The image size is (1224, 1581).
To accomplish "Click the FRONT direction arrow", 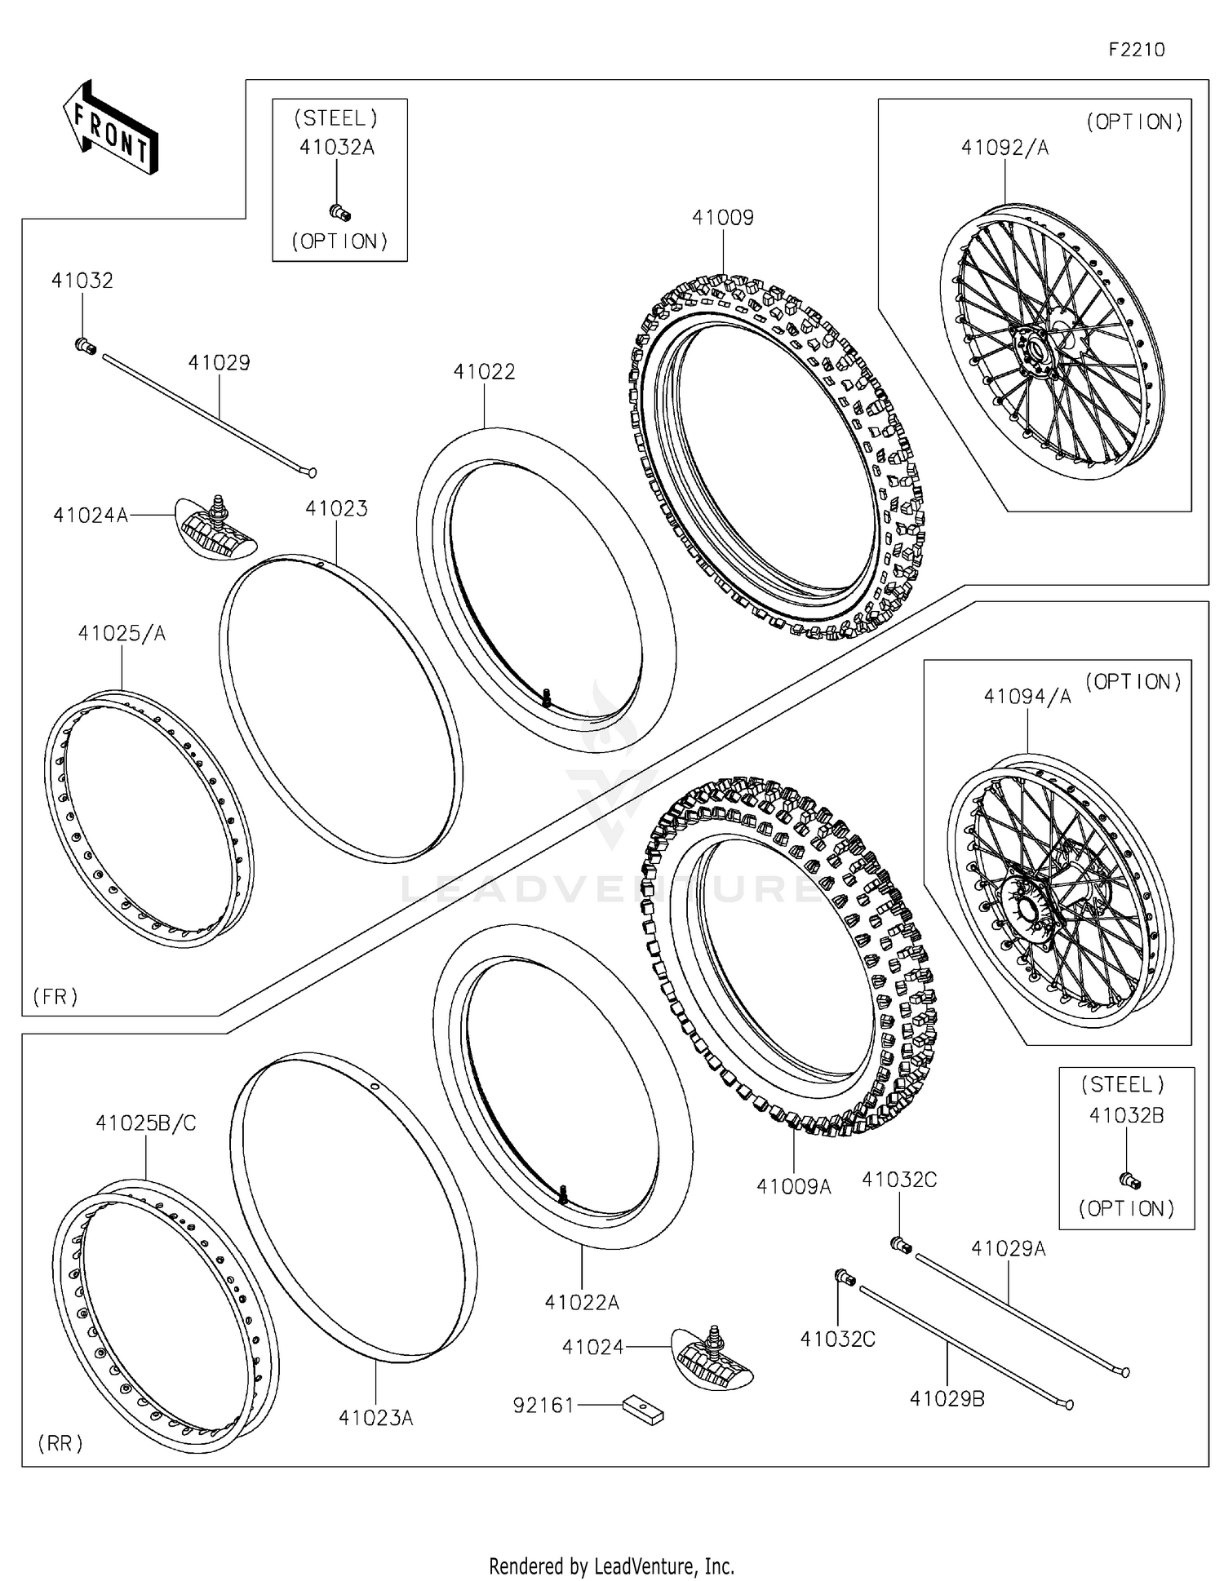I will (x=110, y=128).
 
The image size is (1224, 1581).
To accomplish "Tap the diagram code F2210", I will (x=1136, y=50).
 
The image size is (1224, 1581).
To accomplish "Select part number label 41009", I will (x=722, y=218).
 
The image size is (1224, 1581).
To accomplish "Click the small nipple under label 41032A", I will (x=339, y=213).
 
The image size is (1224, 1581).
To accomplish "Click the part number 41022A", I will (x=581, y=1303).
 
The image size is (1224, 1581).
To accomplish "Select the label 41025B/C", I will (x=145, y=1123).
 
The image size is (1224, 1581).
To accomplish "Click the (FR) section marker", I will (x=55, y=996).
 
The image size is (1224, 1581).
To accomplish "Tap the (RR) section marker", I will (x=60, y=1444).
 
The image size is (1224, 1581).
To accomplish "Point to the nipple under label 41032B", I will (x=1129, y=1180).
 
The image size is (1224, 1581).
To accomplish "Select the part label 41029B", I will (x=947, y=1399).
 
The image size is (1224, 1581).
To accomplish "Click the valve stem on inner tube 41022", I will (x=546, y=696).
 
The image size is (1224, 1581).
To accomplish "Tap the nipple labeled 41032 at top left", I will (x=85, y=347).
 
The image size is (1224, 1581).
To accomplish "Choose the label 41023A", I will (x=375, y=1419).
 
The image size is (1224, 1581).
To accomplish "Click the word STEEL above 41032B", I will (x=1123, y=1085).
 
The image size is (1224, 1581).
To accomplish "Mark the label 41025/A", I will (x=122, y=633).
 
